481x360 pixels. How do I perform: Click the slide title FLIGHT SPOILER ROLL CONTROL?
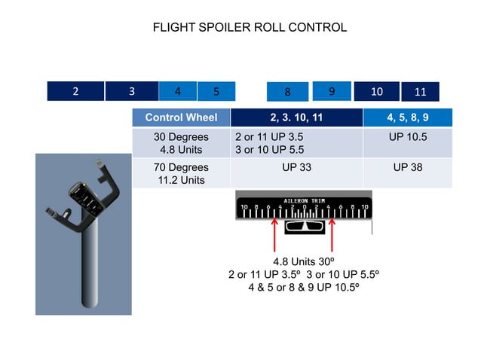point(250,28)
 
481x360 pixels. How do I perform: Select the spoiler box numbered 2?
point(75,91)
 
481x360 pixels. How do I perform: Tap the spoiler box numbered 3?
point(131,91)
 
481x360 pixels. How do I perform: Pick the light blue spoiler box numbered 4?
point(177,90)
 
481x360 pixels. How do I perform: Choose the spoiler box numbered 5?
point(216,91)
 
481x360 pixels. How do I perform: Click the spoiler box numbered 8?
point(287,92)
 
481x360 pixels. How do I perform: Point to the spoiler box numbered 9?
point(332,90)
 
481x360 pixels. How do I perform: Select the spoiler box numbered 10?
point(377,91)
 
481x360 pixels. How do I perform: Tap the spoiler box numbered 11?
point(420,92)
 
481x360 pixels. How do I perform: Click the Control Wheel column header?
point(181,117)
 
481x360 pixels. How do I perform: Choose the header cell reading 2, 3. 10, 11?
point(296,117)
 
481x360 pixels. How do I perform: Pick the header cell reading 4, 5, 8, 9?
point(407,117)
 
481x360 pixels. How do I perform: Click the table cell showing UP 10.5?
point(407,137)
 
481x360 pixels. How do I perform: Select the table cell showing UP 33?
point(296,167)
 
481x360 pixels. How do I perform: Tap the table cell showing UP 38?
point(407,167)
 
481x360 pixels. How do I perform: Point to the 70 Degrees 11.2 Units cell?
point(181,173)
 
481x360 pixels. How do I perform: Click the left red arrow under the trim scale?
point(274,235)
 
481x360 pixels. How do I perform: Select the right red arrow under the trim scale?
point(332,235)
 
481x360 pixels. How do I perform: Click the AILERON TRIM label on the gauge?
point(303,201)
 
